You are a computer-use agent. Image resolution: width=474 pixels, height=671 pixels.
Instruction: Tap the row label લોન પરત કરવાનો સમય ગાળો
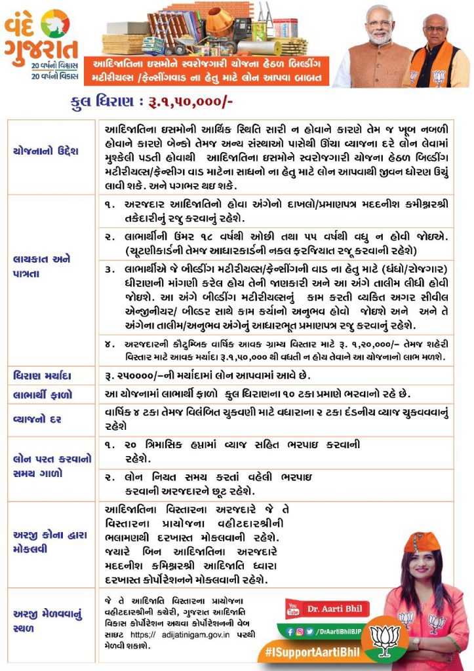43,467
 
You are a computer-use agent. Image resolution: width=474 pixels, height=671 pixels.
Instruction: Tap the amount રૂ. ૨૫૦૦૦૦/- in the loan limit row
134,376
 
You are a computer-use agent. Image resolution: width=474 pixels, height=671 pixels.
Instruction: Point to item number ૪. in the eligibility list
109,343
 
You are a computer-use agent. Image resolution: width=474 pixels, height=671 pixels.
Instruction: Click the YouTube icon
292,607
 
